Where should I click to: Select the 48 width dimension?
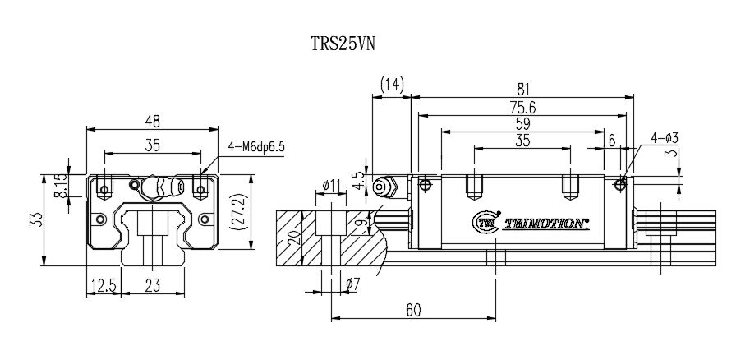153,121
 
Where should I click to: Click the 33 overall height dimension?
34,219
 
